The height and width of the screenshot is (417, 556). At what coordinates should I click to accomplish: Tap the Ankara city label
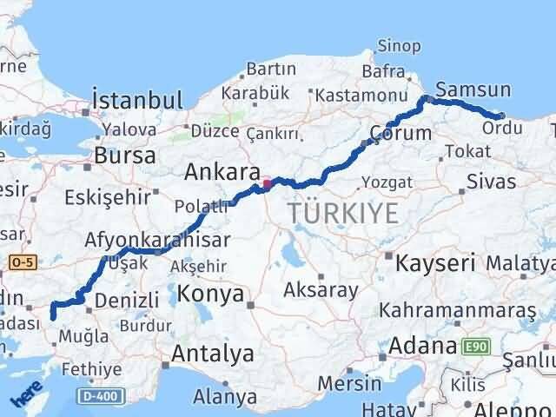coord(222,173)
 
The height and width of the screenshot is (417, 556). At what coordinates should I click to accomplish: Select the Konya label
coord(210,295)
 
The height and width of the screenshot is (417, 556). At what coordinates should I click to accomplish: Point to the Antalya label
coord(213,354)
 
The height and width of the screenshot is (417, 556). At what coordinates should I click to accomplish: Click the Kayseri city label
coord(435,261)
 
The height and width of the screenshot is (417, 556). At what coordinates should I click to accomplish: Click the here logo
coord(26,396)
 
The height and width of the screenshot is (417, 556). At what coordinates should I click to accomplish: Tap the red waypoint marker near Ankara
coord(268,183)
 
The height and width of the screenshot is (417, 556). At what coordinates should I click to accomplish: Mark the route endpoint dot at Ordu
coord(501,116)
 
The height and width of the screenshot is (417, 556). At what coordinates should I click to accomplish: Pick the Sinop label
coord(400,47)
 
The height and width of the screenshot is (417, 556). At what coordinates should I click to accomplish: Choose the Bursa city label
coord(125,156)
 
